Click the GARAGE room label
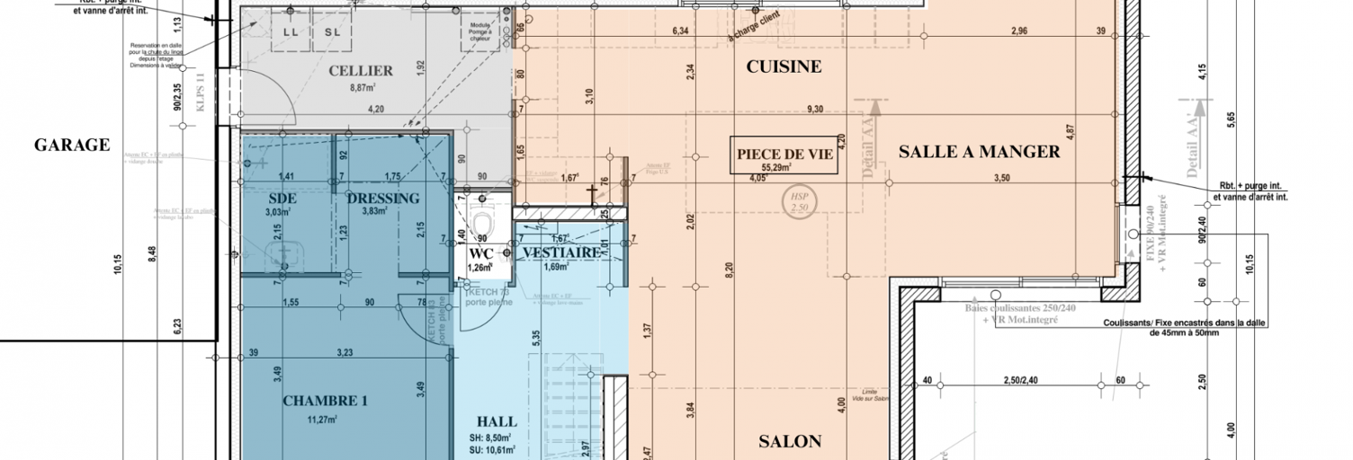pyautogui.click(x=72, y=145)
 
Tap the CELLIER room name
pyautogui.click(x=360, y=71)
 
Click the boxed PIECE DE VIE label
pyautogui.click(x=784, y=154)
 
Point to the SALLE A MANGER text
pyautogui.click(x=979, y=152)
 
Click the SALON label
pyautogui.click(x=789, y=441)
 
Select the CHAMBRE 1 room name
pyautogui.click(x=325, y=401)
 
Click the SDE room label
pyautogui.click(x=283, y=198)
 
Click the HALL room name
pyautogui.click(x=496, y=421)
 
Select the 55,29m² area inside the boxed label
pyautogui.click(x=784, y=167)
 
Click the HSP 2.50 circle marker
pyautogui.click(x=795, y=200)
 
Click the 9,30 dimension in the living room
pyautogui.click(x=815, y=109)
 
